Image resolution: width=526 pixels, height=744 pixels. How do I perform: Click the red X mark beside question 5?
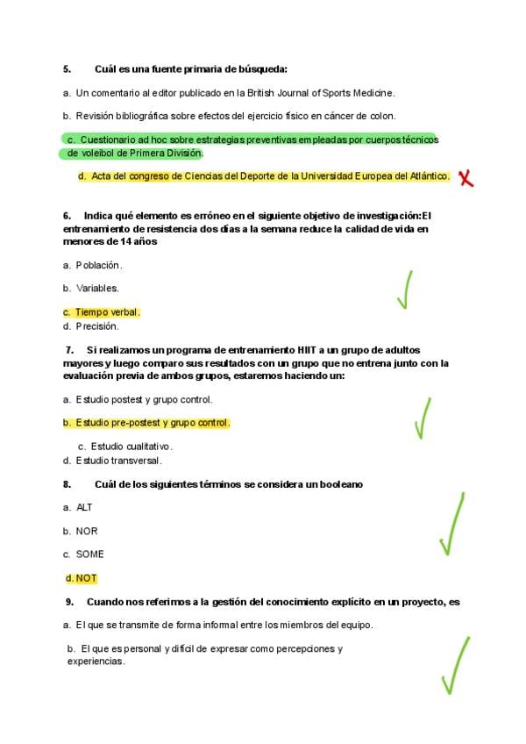(467, 178)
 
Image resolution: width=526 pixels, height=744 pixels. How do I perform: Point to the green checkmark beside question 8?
(451, 525)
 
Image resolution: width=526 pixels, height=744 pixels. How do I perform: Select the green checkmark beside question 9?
(456, 666)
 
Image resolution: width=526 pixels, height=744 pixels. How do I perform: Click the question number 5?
(67, 68)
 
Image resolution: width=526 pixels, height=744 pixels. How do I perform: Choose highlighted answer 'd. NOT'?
(81, 578)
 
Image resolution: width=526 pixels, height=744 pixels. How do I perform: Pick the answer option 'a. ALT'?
(77, 507)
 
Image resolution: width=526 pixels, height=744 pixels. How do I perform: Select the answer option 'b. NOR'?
(80, 531)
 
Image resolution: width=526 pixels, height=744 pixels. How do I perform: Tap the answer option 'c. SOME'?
(83, 554)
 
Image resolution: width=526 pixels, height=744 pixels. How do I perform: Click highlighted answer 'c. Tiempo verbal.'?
(101, 312)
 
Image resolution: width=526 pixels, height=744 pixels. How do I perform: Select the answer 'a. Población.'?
(92, 265)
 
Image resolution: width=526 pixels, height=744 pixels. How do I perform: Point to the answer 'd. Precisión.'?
(90, 326)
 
